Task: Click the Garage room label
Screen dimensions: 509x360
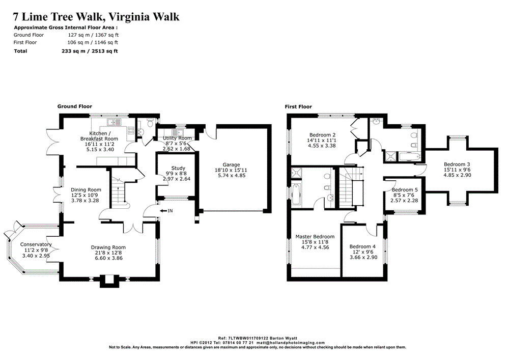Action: tap(231, 164)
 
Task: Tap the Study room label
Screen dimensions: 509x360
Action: tap(178, 168)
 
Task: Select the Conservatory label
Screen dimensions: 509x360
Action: tap(36, 244)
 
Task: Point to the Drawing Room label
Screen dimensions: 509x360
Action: tap(108, 247)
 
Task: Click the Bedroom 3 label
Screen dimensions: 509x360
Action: tap(457, 164)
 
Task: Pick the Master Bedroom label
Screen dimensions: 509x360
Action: tap(315, 237)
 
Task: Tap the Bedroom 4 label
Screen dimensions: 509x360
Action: tap(362, 246)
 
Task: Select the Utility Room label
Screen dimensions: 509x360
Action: tap(177, 138)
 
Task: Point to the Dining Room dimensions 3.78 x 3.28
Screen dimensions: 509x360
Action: tap(86, 201)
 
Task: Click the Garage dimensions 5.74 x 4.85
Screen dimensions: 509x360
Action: tap(231, 175)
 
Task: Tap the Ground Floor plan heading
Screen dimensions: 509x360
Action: tap(75, 106)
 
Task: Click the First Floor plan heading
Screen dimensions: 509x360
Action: tap(298, 106)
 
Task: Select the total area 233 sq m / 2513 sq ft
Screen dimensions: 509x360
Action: tap(90, 51)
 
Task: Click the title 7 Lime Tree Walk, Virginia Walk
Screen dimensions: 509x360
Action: tap(96, 17)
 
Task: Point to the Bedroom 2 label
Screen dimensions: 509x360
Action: tap(322, 135)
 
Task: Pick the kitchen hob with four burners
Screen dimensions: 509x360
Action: tap(131, 130)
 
